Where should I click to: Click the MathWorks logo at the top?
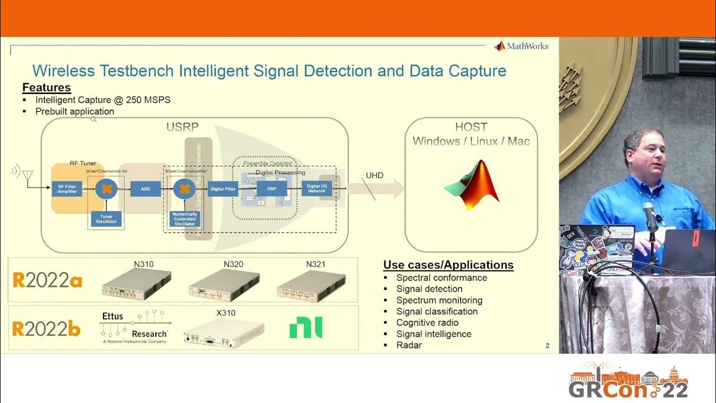[x=521, y=46]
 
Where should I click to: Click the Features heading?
[x=46, y=87]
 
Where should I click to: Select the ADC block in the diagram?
[x=145, y=189]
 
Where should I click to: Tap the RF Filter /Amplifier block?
[x=67, y=189]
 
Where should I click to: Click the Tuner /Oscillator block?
[x=106, y=219]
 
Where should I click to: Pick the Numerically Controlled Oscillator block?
[x=185, y=219]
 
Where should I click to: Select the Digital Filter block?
[x=223, y=189]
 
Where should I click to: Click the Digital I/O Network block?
[x=317, y=189]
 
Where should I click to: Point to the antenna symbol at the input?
[x=26, y=176]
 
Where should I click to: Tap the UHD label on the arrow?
[x=374, y=175]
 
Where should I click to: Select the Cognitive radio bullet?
[x=427, y=322]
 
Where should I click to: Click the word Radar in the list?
[x=409, y=345]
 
